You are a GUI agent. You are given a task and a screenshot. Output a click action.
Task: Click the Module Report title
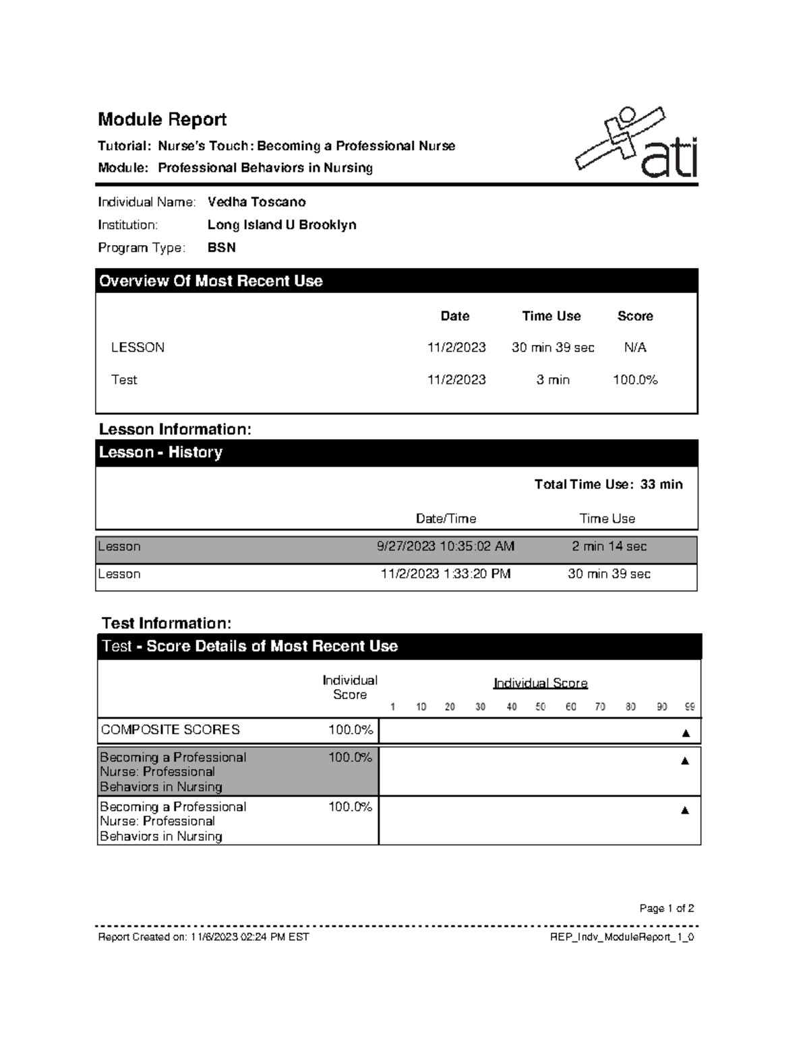coord(162,119)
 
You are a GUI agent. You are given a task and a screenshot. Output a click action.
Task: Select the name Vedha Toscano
coord(256,202)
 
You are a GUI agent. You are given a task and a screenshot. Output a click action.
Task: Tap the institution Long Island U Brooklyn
coord(282,225)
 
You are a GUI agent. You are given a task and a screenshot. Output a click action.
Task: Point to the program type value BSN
coord(221,248)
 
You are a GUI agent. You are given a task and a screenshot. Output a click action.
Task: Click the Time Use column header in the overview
coord(551,316)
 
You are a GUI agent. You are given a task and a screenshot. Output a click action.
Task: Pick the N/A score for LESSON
coord(634,348)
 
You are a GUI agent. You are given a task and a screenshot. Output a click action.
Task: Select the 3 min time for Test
coord(552,380)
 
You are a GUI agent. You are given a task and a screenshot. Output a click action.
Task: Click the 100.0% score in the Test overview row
coord(634,380)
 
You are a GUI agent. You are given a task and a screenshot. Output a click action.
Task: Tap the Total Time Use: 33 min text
coord(608,484)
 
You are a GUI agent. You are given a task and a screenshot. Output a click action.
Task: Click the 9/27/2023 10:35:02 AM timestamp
coord(445,546)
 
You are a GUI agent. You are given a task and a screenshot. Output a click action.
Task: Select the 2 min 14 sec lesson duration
coord(609,546)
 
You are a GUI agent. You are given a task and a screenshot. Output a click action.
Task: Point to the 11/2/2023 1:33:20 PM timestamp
coord(445,574)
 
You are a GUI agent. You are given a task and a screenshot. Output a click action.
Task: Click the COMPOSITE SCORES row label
coord(170,729)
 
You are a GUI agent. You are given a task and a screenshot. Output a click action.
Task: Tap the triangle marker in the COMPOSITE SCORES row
coord(686,733)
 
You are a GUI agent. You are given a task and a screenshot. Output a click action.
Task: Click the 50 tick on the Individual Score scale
coord(541,707)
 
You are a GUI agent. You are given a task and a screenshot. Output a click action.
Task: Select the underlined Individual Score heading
coord(540,683)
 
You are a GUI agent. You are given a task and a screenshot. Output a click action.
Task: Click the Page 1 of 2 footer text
coord(666,908)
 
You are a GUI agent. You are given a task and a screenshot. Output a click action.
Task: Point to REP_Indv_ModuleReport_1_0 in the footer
coord(622,937)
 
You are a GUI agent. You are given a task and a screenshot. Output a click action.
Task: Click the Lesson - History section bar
coord(396,453)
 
